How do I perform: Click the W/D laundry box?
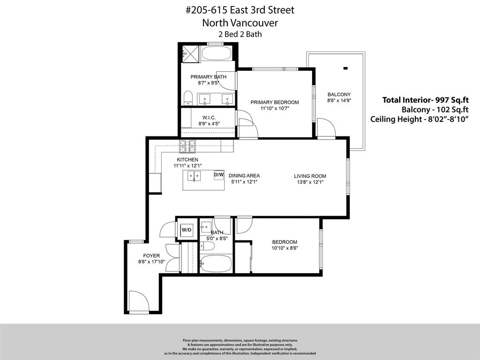tap(187, 230)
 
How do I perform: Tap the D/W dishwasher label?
tap(219, 175)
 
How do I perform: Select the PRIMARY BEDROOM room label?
tap(274, 102)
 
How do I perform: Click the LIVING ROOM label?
tap(310, 176)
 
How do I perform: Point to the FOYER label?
tap(151, 256)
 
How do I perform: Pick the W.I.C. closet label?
tap(209, 118)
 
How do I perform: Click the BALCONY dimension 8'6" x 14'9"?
tap(339, 100)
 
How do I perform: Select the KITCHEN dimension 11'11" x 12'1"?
tap(187, 165)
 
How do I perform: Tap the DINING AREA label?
tap(244, 176)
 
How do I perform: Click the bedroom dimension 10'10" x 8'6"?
tap(285, 248)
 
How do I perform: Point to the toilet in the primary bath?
tap(188, 98)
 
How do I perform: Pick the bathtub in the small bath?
tap(216, 264)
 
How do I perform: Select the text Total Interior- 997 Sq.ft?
tap(426, 100)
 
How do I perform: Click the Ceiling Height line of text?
tap(420, 119)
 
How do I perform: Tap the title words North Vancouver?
tap(240, 22)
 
